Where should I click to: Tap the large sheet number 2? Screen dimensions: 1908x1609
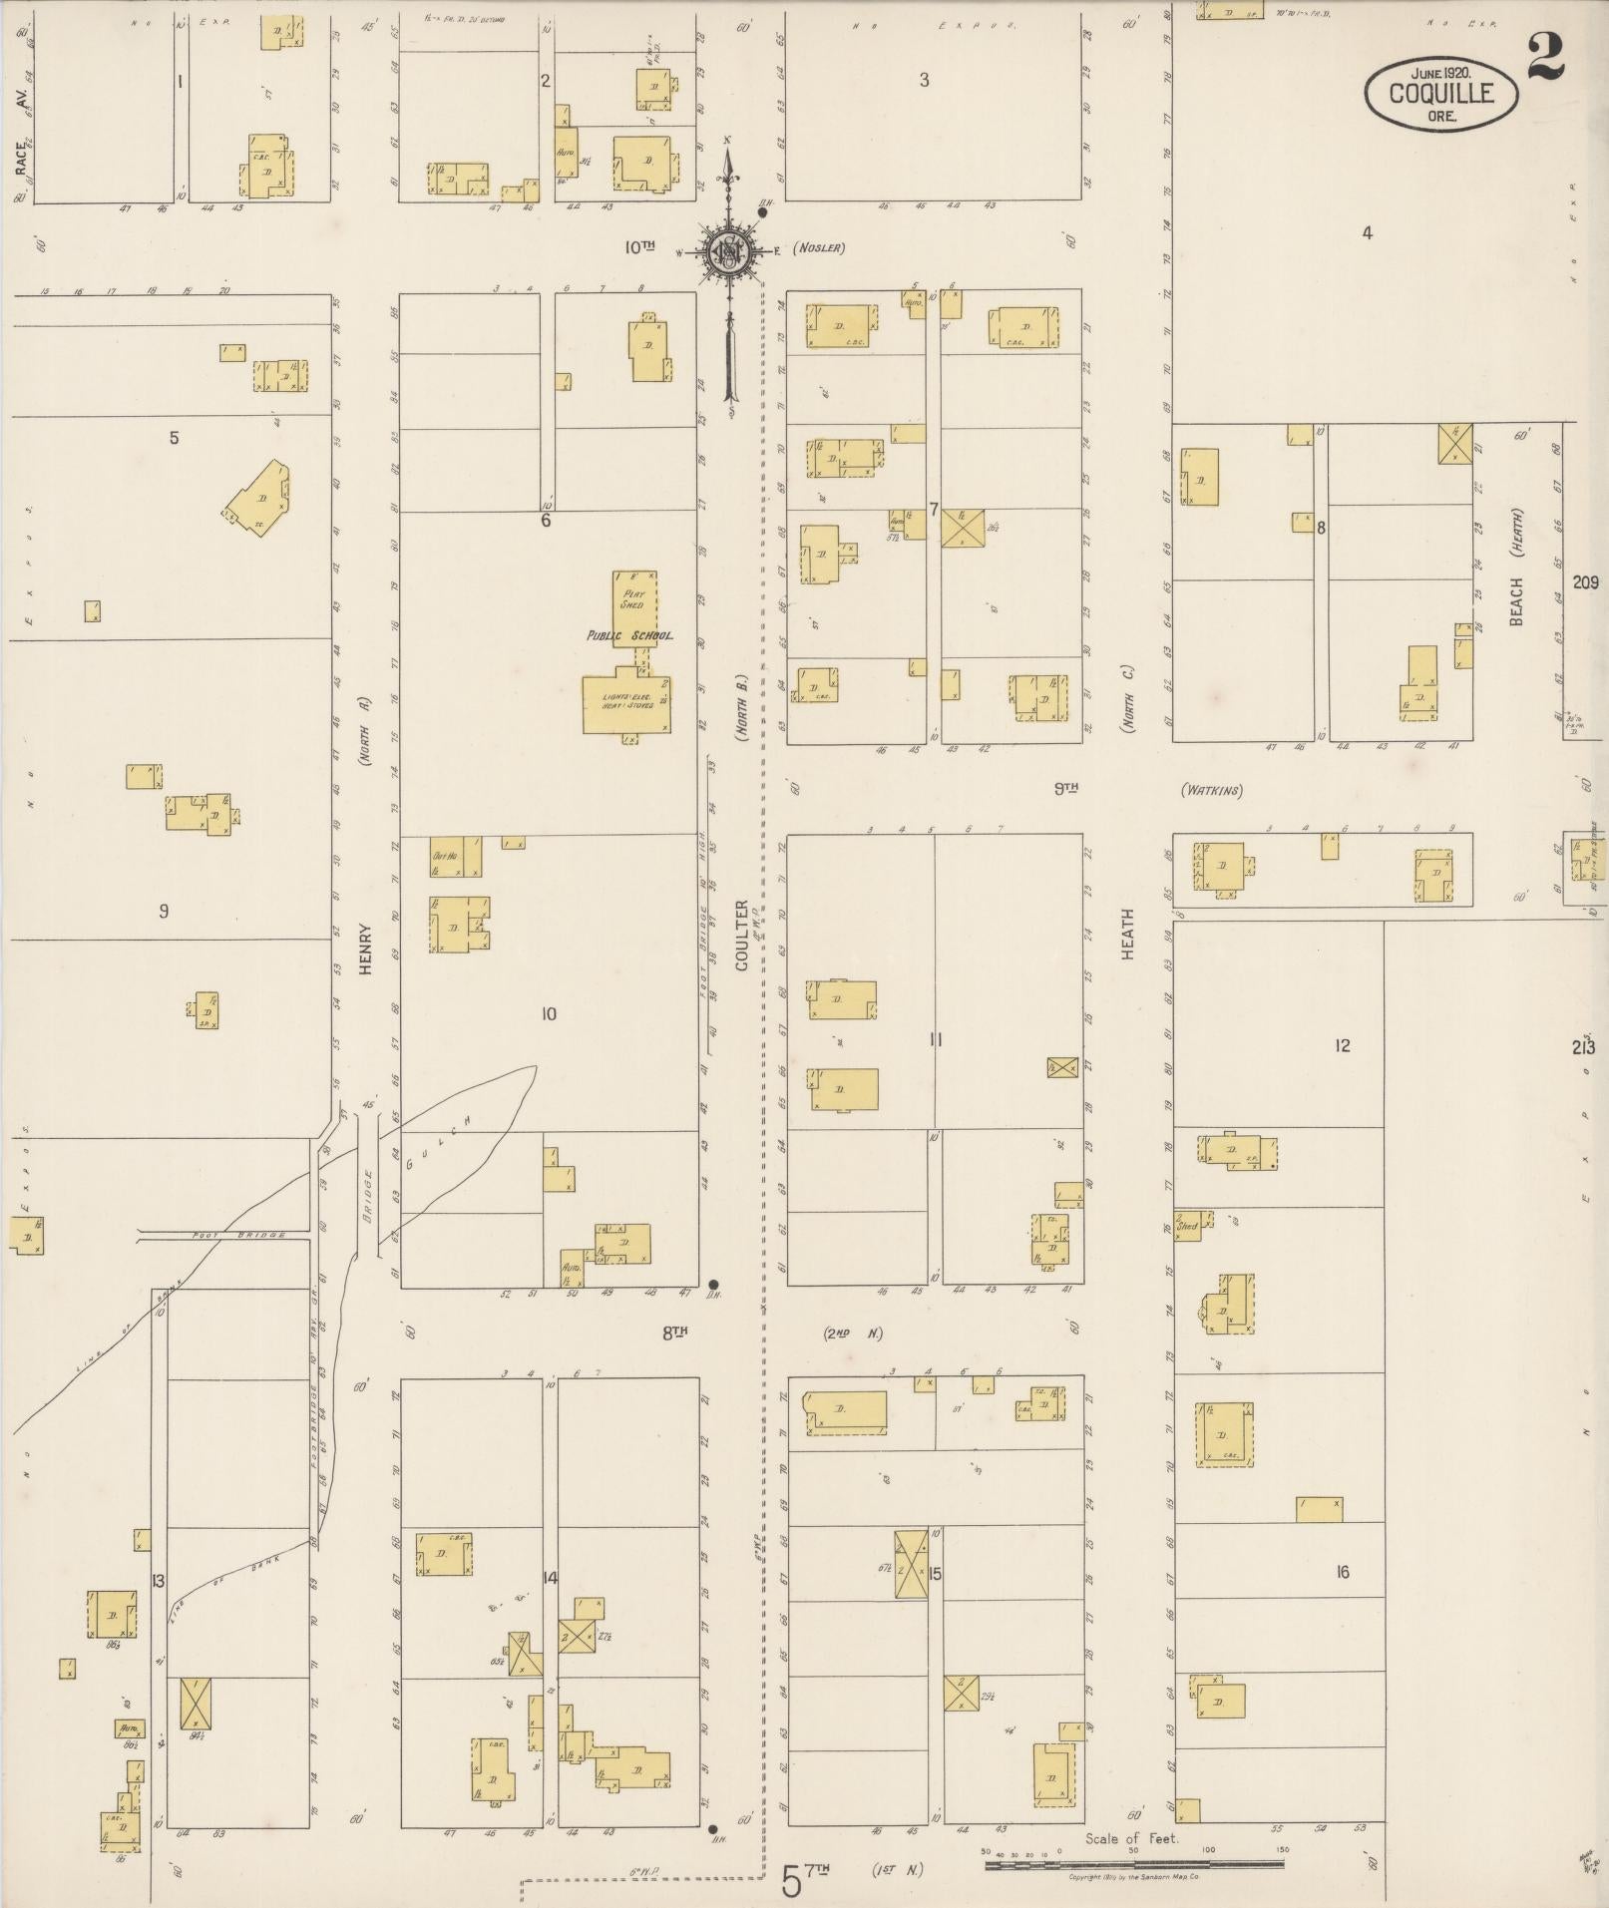[x=1545, y=59]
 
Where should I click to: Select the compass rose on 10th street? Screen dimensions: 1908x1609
[x=728, y=251]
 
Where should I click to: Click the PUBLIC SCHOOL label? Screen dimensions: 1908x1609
[x=629, y=635]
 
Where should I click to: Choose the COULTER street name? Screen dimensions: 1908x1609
[x=741, y=935]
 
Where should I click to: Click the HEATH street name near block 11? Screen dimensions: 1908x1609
[x=1128, y=933]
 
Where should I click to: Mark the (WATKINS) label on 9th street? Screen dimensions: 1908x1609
[x=1212, y=791]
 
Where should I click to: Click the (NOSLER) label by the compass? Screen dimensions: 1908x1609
[x=819, y=248]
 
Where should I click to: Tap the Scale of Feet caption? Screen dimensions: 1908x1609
[x=1131, y=1837]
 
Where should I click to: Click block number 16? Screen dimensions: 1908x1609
[x=1343, y=1572]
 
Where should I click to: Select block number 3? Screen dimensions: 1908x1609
[x=925, y=80]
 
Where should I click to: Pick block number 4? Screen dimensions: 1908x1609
[x=1368, y=233]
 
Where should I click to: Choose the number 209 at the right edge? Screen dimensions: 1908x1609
[x=1585, y=583]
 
